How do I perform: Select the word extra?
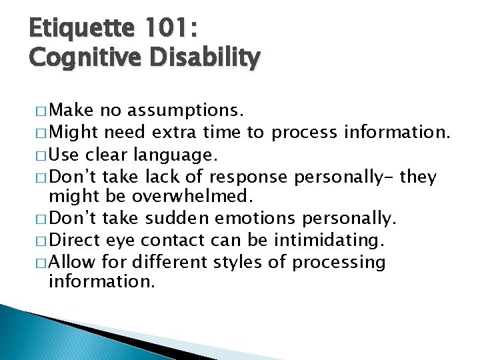coord(175,132)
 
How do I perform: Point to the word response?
coord(247,177)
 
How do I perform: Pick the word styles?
coord(238,262)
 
